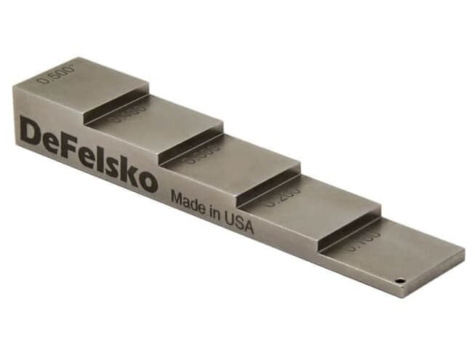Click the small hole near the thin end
pyautogui.click(x=399, y=279)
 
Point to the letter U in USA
pyautogui.click(x=231, y=220)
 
